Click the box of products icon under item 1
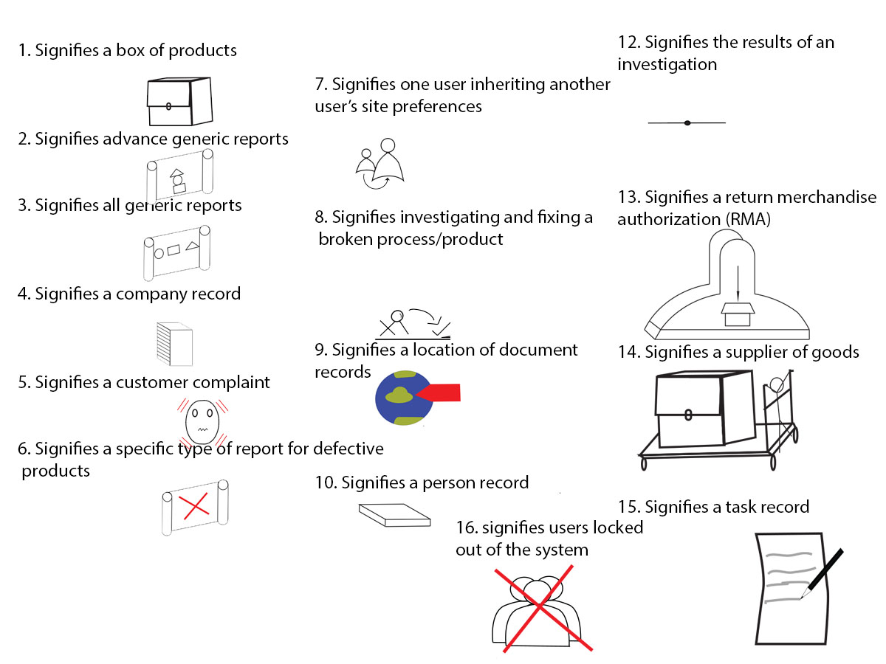[179, 102]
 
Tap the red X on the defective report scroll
[194, 507]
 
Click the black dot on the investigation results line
[687, 122]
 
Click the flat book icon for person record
[394, 514]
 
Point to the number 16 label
[465, 528]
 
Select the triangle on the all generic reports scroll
[192, 246]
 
